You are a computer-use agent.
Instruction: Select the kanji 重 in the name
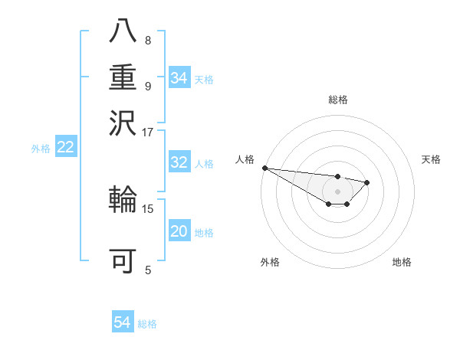coord(123,77)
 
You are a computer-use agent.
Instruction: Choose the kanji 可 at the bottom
coord(123,261)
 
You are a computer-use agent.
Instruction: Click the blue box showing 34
coord(179,78)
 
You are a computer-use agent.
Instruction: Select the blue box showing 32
coord(179,162)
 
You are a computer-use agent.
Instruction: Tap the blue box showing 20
coord(179,232)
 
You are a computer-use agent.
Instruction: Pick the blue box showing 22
coord(65,148)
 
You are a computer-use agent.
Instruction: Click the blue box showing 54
coord(122,322)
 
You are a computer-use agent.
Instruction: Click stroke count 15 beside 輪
coord(147,208)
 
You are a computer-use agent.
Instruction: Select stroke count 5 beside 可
coord(147,270)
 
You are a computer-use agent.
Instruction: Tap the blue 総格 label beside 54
coord(147,324)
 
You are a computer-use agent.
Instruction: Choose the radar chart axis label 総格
coord(337,100)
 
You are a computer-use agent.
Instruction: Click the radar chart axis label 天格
coord(431,159)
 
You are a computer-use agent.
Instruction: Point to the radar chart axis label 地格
coord(402,262)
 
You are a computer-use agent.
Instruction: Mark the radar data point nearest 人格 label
coord(264,168)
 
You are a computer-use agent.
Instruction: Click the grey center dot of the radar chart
coord(337,191)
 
